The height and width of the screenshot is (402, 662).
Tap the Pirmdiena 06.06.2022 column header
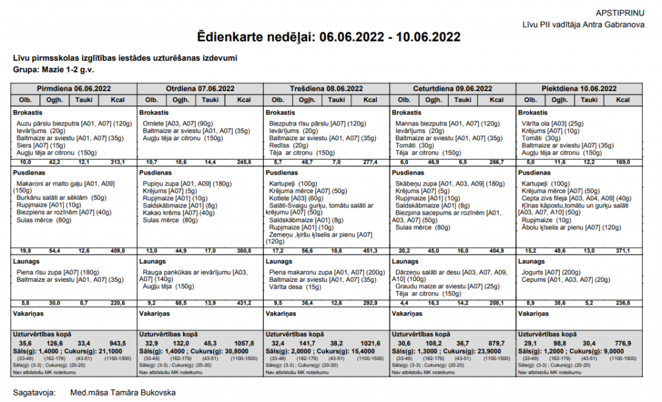point(74,89)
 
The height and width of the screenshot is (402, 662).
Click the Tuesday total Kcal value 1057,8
point(244,343)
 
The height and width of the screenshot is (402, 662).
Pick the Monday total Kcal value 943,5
point(118,343)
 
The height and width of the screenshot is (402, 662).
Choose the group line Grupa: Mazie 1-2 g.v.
point(54,69)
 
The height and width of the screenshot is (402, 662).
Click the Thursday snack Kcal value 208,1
point(496,302)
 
